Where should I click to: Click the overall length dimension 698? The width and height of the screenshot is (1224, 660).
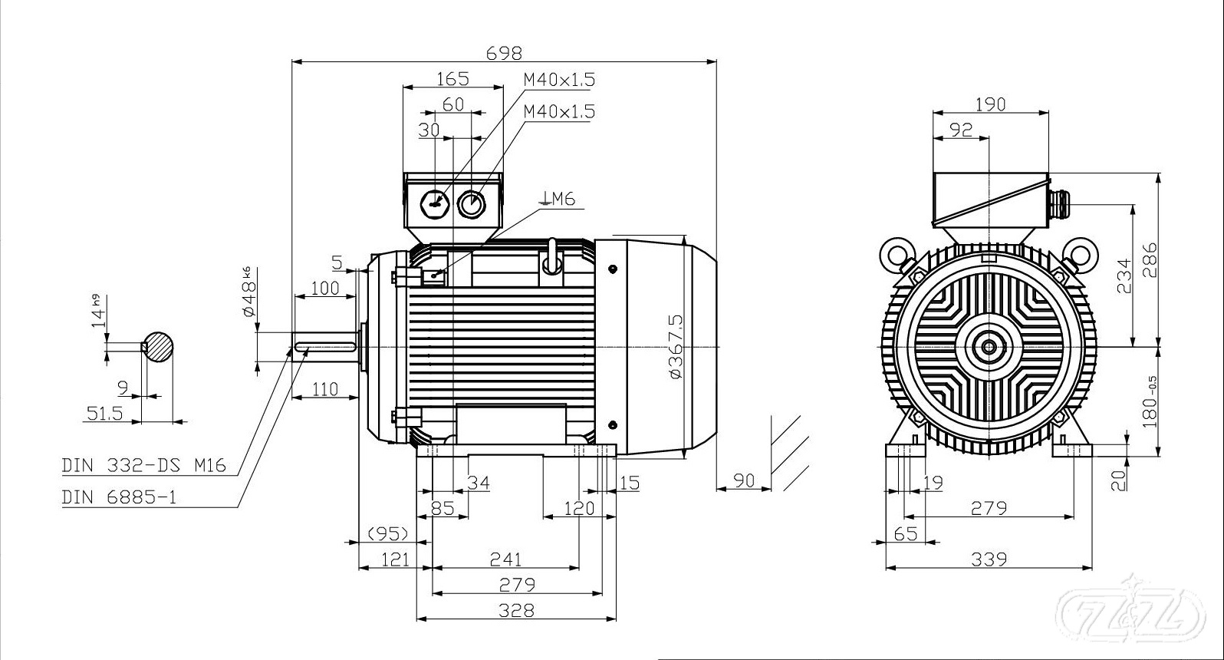504,53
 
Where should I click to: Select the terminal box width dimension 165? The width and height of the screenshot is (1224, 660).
452,78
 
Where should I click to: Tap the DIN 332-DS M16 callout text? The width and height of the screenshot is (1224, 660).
143,466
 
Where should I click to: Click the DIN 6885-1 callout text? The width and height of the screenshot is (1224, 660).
119,497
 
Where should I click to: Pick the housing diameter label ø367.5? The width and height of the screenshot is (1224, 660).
676,345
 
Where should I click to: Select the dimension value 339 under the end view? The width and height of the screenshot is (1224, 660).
989,559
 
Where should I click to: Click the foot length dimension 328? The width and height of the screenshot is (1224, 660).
516,610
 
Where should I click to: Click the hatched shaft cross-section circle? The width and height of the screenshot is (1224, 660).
158,347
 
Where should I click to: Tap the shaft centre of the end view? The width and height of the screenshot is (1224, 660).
989,347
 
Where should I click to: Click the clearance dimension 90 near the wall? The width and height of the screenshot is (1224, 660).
744,480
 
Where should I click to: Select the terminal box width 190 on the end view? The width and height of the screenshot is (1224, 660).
990,104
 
